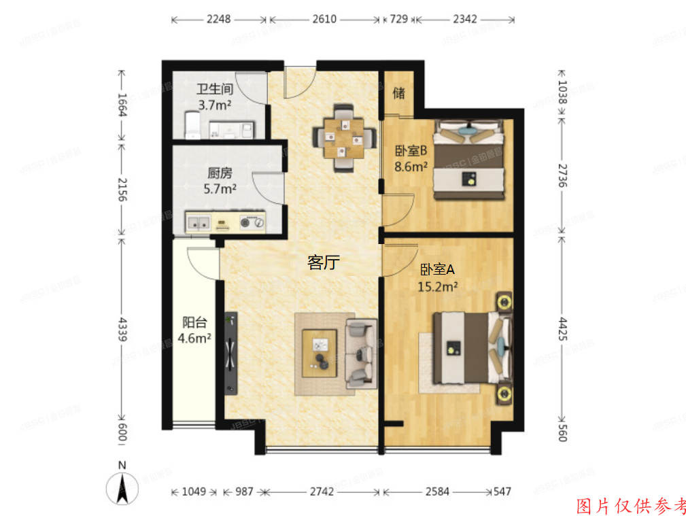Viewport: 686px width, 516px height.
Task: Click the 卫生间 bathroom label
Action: [x=215, y=89]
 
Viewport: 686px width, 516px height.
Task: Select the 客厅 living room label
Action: [x=323, y=263]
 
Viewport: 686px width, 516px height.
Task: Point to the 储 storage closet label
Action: [x=398, y=93]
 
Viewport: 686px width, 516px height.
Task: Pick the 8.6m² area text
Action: [x=411, y=165]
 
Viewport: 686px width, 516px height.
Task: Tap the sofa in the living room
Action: [x=360, y=353]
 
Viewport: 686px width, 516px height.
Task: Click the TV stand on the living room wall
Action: [x=230, y=353]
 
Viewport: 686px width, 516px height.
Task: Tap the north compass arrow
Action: [x=122, y=487]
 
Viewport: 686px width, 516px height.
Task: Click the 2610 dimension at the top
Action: [x=324, y=20]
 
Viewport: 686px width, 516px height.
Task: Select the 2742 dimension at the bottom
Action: [x=323, y=492]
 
